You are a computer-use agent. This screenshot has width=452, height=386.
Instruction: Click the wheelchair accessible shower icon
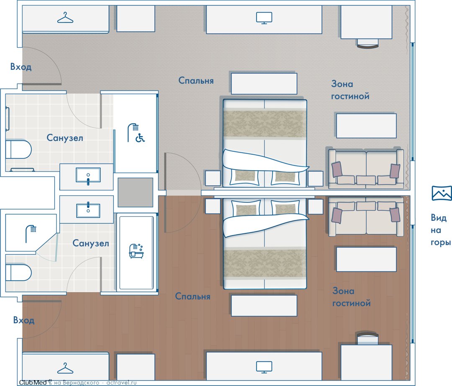pos(136,133)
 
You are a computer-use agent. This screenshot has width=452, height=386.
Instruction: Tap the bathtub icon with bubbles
pos(136,251)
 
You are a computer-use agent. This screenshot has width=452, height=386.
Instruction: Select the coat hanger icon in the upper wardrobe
pos(65,18)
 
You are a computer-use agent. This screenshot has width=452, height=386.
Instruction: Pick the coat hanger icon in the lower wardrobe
pos(65,368)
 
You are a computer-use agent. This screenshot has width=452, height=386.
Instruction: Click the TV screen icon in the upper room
pos(264,18)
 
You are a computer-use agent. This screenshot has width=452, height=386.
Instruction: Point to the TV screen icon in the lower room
pos(264,367)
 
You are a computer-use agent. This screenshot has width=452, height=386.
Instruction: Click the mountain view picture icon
pos(442,193)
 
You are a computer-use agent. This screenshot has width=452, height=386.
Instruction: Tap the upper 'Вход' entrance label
pos(21,67)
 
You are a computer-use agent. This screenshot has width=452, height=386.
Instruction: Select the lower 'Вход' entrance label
pos(23,320)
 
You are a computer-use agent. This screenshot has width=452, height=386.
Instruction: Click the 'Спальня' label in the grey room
pos(196,80)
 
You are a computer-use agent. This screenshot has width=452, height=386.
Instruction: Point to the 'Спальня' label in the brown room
pos(193,296)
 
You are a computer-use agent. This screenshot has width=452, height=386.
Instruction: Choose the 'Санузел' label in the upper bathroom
pos(65,138)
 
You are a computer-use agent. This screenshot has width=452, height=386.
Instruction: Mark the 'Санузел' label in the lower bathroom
pos(90,243)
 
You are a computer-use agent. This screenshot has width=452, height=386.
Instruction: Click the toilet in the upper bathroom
pos(18,149)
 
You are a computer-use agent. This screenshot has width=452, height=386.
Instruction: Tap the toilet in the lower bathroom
pos(18,273)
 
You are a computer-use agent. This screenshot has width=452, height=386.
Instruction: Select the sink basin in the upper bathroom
pos(88,175)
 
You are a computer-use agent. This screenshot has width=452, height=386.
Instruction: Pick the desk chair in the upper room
pos(367,43)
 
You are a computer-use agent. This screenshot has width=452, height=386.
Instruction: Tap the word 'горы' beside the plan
pos(441,243)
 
